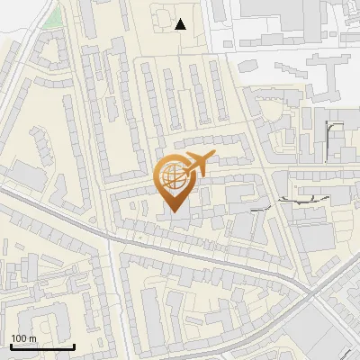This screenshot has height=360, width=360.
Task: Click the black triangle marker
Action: [181, 25]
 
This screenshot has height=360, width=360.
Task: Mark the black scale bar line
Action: [41, 347]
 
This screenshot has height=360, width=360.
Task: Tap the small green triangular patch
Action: [54, 17]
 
